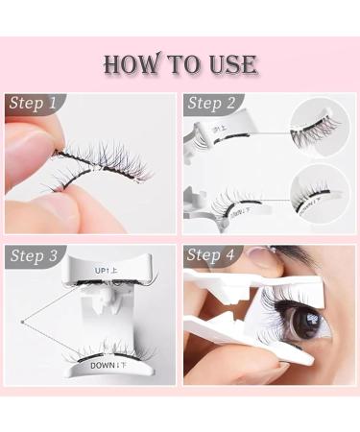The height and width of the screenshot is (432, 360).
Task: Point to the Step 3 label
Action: coord(36,255)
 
